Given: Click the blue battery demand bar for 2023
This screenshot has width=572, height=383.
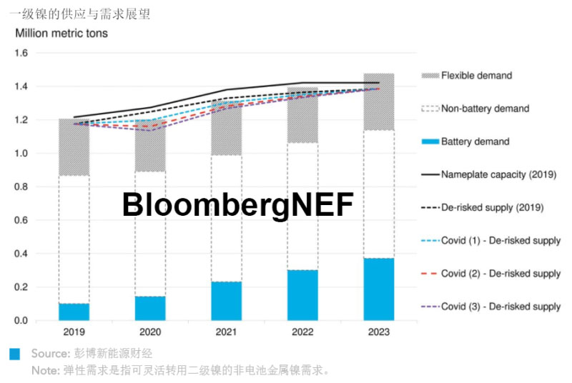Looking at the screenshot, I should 378,289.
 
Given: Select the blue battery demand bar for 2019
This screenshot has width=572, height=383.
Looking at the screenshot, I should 74,312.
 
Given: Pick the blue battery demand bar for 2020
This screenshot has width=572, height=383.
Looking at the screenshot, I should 150,308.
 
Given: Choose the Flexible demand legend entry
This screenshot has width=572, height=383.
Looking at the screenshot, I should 476,76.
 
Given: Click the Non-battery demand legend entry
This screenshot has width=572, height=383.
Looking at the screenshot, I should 485,109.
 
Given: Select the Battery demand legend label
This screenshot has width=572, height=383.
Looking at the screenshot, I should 475,141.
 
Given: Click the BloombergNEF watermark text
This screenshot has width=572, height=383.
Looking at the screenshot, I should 237,205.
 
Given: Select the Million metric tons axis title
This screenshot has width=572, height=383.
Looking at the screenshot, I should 61,34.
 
